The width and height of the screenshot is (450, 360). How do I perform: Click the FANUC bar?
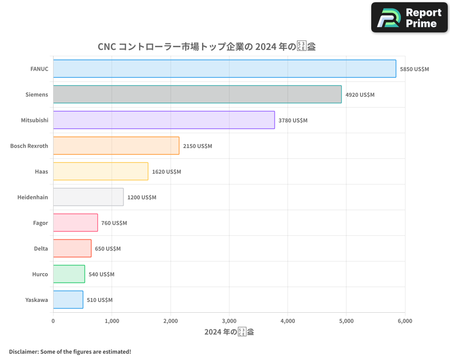[225, 69]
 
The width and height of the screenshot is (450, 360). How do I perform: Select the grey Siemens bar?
[197, 94]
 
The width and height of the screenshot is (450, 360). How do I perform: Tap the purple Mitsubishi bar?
[164, 120]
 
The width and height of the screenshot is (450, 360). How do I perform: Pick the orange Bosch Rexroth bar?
[116, 146]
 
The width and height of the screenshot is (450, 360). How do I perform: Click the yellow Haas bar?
[100, 171]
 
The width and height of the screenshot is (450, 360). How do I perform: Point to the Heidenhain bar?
[88, 197]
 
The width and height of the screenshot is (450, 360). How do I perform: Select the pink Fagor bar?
[75, 223]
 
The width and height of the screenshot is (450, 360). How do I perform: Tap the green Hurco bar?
[69, 274]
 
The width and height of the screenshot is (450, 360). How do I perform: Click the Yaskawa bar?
[68, 300]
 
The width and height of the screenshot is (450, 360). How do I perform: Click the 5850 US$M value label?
[414, 69]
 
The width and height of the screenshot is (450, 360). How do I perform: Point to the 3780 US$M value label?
[293, 121]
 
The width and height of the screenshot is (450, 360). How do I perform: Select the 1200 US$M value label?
[142, 198]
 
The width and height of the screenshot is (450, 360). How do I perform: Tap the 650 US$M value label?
[108, 249]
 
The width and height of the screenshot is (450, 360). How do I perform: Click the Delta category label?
[41, 249]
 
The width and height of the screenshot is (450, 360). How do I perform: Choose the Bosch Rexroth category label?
[29, 146]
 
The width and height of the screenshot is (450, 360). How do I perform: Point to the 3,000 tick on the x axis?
[229, 321]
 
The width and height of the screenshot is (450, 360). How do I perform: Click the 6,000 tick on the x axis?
[405, 321]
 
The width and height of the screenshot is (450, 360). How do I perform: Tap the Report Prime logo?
[409, 18]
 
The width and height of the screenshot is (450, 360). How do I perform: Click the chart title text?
[207, 47]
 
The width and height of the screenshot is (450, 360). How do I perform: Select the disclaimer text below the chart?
[70, 351]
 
